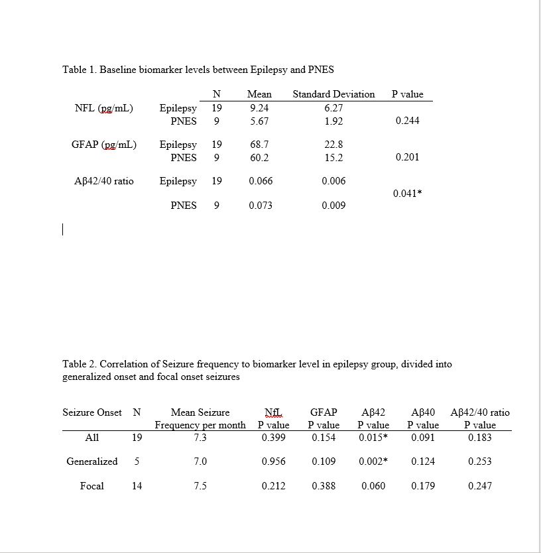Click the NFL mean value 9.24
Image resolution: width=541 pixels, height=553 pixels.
click(x=259, y=107)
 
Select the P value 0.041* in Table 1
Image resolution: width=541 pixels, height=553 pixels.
click(x=407, y=194)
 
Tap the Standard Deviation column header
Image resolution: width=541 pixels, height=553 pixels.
click(x=333, y=94)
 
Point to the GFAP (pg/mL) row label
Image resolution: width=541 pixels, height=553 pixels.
click(x=104, y=144)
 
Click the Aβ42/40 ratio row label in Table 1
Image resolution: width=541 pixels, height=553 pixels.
click(x=104, y=181)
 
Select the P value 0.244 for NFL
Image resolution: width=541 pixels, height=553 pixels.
click(x=407, y=121)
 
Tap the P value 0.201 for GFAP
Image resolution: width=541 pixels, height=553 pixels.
click(x=407, y=157)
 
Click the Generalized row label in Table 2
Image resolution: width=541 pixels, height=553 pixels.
click(x=91, y=461)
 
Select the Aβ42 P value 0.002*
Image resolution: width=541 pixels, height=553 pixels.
click(x=373, y=461)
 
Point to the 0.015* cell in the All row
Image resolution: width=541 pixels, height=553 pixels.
click(x=373, y=438)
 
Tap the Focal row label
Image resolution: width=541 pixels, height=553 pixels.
click(x=91, y=486)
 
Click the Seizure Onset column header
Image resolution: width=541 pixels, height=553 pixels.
click(x=92, y=412)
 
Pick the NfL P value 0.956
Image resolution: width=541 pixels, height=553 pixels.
click(x=273, y=461)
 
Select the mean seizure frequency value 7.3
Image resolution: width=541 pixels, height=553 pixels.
click(x=200, y=438)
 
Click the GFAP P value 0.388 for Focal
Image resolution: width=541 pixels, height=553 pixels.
click(x=324, y=486)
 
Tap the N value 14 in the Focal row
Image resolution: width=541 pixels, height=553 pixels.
click(x=137, y=486)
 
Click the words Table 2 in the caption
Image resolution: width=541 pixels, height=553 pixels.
click(x=78, y=363)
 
